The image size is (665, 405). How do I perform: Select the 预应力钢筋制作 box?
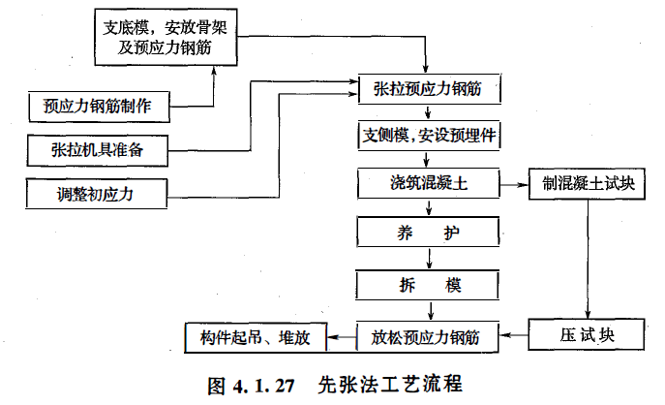[100, 105]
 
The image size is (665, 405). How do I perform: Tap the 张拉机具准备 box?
[100, 148]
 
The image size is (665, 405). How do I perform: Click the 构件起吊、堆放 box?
[255, 337]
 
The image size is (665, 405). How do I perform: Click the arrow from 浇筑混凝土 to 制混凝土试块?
[513, 181]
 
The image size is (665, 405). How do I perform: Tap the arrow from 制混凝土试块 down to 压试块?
[584, 257]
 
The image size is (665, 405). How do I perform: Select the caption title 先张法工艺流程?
[389, 382]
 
